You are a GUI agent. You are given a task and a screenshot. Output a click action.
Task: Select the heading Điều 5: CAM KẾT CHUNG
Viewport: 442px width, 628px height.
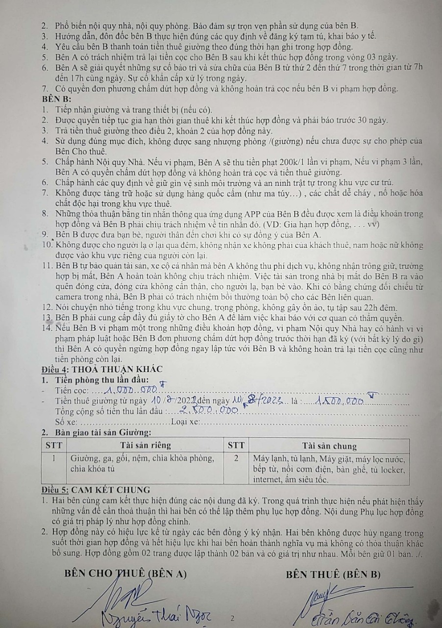(96, 489)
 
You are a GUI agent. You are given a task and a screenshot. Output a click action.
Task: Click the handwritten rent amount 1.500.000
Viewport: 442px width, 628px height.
(340, 401)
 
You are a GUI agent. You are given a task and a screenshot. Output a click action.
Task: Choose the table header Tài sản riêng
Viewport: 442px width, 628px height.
(146, 445)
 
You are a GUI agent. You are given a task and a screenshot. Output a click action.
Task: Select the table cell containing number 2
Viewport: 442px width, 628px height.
(236, 458)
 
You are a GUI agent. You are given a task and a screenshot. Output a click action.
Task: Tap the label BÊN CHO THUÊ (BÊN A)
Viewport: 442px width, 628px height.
(125, 574)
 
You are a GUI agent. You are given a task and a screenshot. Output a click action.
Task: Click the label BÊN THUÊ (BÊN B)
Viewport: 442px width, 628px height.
(333, 574)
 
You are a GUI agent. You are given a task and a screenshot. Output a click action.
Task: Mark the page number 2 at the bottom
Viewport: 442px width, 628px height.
(233, 618)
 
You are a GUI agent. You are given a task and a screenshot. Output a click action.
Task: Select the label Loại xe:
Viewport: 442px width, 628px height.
(186, 422)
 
